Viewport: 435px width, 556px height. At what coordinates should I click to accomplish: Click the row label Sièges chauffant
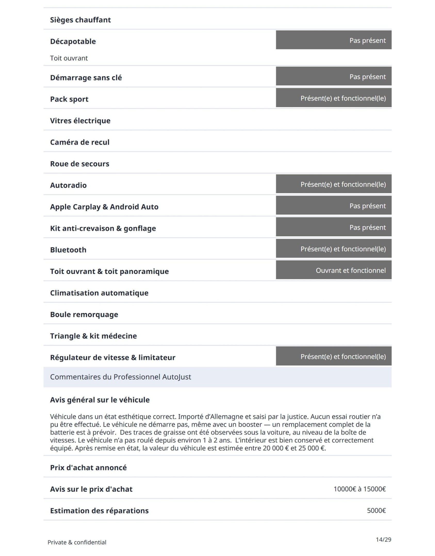pyautogui.click(x=80, y=20)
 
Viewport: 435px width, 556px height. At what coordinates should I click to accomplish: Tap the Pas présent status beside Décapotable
pyautogui.click(x=333, y=40)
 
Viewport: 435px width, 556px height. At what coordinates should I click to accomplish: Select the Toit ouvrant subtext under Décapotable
pyautogui.click(x=69, y=58)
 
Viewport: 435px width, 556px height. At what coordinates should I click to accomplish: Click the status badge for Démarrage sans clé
pyautogui.click(x=333, y=76)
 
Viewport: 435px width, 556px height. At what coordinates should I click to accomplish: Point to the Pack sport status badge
pyautogui.click(x=333, y=98)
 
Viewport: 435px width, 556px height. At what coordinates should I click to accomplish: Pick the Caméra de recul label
pyautogui.click(x=80, y=142)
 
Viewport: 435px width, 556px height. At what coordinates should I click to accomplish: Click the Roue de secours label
pyautogui.click(x=80, y=164)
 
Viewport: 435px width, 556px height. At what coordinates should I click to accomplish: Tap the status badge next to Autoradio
pyautogui.click(x=333, y=184)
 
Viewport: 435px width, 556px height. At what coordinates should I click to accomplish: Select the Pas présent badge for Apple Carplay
pyautogui.click(x=333, y=206)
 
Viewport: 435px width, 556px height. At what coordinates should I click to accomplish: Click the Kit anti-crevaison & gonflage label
pyautogui.click(x=103, y=228)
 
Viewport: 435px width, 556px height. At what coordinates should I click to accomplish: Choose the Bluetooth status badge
pyautogui.click(x=333, y=249)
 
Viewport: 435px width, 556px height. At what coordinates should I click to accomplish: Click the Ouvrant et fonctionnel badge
pyautogui.click(x=333, y=270)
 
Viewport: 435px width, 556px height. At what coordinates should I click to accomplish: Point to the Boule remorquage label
pyautogui.click(x=84, y=314)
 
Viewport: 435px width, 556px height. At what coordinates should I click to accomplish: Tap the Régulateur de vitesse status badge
pyautogui.click(x=333, y=356)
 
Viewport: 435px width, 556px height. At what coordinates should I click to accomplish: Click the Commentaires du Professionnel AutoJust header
pyautogui.click(x=120, y=377)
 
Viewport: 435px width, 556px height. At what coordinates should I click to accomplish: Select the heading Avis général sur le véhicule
pyautogui.click(x=100, y=400)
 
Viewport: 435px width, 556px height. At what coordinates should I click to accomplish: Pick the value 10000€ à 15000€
pyautogui.click(x=359, y=489)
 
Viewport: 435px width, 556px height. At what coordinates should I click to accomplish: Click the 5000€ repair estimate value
pyautogui.click(x=376, y=510)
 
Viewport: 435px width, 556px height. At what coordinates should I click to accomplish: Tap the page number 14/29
pyautogui.click(x=383, y=540)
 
